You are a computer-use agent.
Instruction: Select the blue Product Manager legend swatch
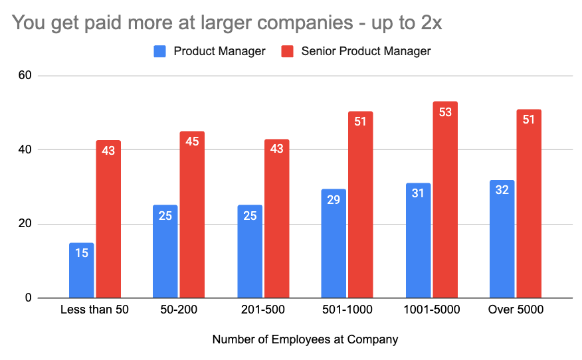pos(161,51)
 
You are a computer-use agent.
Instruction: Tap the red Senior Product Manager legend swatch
pos(288,51)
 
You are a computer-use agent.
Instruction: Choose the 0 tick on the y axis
pos(29,298)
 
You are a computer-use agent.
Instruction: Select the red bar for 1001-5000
pos(444,200)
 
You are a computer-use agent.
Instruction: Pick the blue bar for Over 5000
pos(502,239)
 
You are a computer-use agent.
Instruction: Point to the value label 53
pos(444,112)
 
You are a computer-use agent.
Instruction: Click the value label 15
pos(82,253)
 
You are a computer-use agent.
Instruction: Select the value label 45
pos(192,142)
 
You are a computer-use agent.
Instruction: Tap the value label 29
pos(334,200)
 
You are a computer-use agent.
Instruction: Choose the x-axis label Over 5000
pos(515,310)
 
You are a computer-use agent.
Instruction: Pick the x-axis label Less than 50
pos(94,310)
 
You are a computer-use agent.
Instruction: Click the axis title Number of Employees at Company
pos(305,339)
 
